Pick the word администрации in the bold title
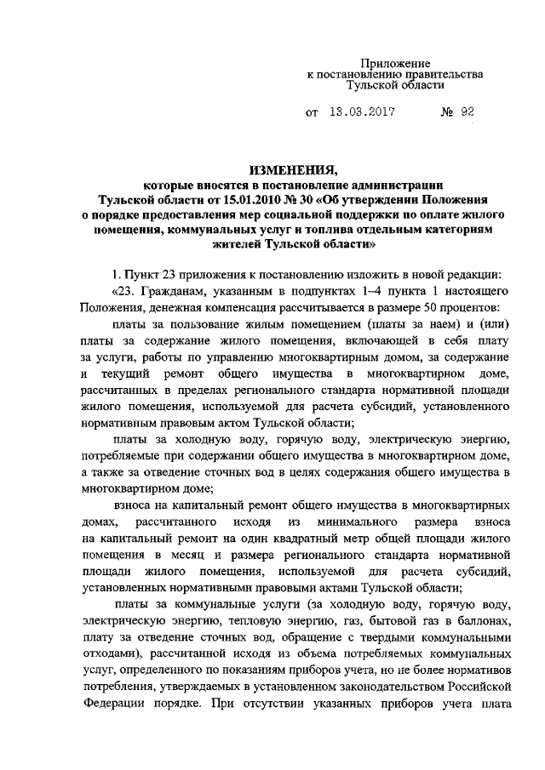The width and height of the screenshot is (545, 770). [x=399, y=184]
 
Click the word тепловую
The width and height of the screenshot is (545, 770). [x=225, y=619]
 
